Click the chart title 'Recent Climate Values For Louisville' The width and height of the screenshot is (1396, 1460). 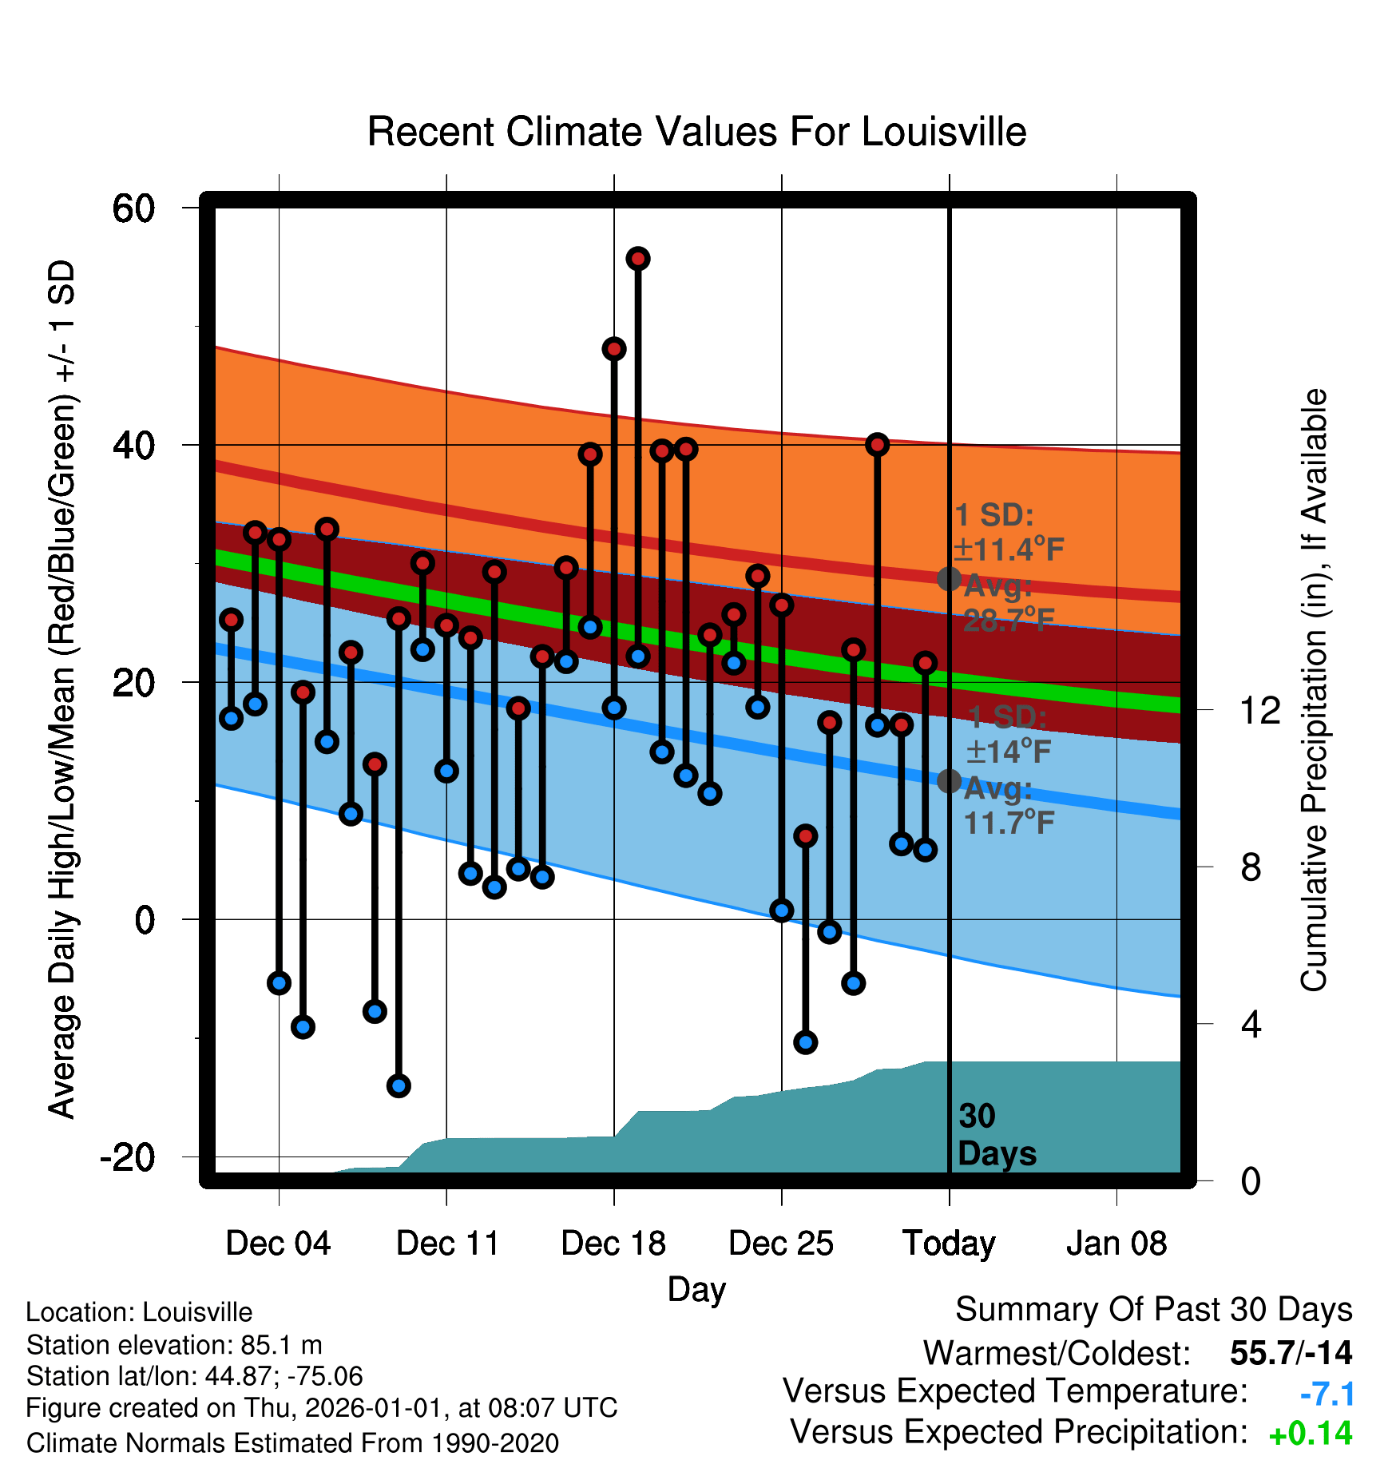tap(696, 132)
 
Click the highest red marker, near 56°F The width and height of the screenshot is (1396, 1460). tap(638, 259)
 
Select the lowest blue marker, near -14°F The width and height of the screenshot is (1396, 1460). tap(399, 1085)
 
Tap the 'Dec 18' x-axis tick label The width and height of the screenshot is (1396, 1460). tap(613, 1244)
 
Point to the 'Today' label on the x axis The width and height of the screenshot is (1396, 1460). tap(949, 1244)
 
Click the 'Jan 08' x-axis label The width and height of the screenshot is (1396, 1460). tap(1116, 1244)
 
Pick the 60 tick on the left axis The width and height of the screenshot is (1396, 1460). tap(133, 208)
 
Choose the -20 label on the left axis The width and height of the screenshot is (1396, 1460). tap(128, 1156)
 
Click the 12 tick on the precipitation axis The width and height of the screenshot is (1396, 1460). tap(1260, 710)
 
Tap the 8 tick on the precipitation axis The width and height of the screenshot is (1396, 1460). tap(1251, 867)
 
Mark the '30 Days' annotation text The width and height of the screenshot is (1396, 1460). tap(997, 1135)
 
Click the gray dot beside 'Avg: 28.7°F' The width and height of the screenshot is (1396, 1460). tap(949, 579)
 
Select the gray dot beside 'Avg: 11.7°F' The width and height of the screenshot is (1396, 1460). tap(949, 781)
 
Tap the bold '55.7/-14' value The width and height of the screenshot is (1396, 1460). tap(1291, 1353)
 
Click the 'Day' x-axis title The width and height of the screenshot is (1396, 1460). tap(696, 1290)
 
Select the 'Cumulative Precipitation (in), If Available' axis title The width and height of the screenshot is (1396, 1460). tap(1314, 690)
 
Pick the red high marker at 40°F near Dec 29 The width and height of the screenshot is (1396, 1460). tap(878, 445)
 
